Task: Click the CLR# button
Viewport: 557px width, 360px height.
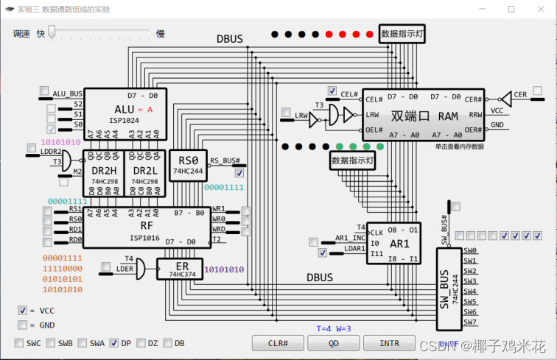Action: coord(277,343)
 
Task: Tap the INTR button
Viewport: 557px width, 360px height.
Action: coord(390,343)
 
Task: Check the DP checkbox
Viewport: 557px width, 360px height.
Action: coord(114,343)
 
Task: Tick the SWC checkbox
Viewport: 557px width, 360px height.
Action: coord(20,343)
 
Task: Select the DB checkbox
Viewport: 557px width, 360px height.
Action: coord(167,343)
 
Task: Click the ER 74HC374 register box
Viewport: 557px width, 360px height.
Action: coord(179,269)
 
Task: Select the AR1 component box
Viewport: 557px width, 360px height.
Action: coord(393,242)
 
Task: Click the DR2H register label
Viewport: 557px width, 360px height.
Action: coord(103,170)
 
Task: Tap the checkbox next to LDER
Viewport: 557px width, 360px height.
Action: coord(106,267)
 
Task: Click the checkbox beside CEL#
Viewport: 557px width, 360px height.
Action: coord(333,91)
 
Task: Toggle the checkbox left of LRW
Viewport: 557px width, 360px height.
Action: coord(286,113)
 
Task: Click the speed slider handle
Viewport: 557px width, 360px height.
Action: coord(52,33)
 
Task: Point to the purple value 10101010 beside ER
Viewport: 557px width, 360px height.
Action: coord(224,269)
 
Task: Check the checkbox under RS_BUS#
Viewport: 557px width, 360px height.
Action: coord(239,174)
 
